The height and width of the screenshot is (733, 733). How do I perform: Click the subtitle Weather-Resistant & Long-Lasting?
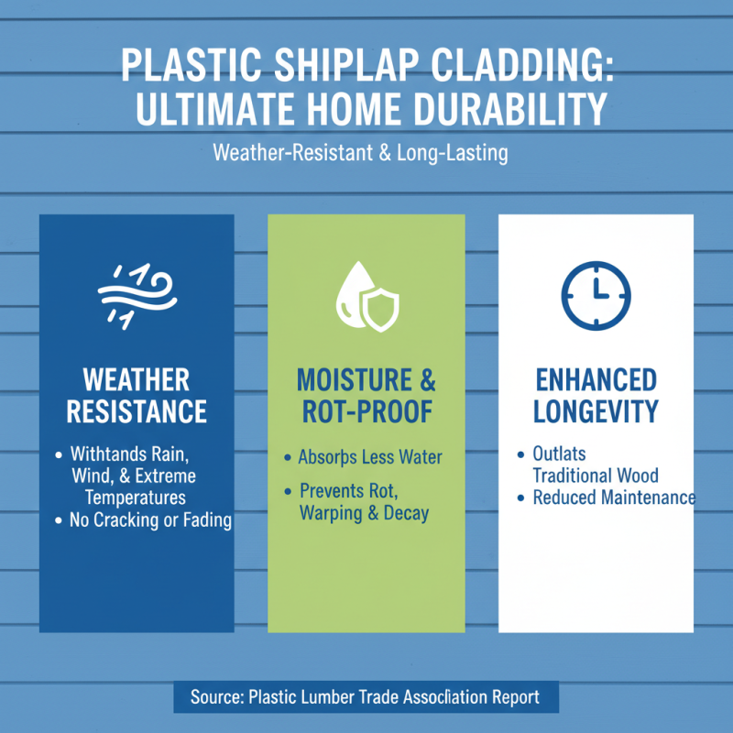(x=360, y=152)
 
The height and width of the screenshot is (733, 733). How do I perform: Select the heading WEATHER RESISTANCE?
(x=137, y=395)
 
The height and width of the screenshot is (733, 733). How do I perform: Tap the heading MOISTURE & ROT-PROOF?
(x=366, y=395)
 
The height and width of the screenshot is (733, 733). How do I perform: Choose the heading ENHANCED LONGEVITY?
(x=596, y=395)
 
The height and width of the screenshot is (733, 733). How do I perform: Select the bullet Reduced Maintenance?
(x=614, y=498)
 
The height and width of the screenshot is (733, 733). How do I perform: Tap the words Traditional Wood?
(x=596, y=476)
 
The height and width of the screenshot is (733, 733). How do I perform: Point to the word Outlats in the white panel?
(x=559, y=454)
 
